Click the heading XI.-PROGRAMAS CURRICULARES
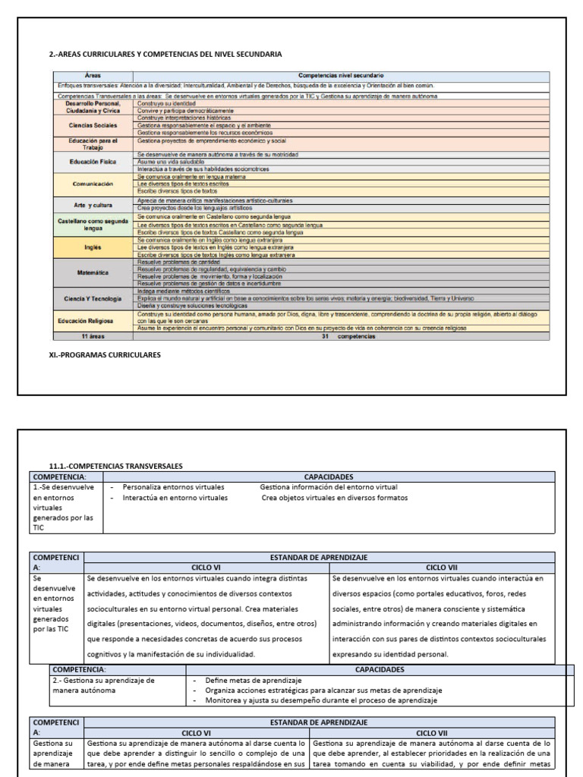coord(105,354)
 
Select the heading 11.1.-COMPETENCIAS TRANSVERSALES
coord(116,466)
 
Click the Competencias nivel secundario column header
coord(340,76)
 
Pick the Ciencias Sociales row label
coord(93,125)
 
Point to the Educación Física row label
coord(93,162)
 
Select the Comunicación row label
coord(93,184)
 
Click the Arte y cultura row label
coord(93,204)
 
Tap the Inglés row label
coord(93,247)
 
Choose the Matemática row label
coord(93,271)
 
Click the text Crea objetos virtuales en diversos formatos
coord(334,498)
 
